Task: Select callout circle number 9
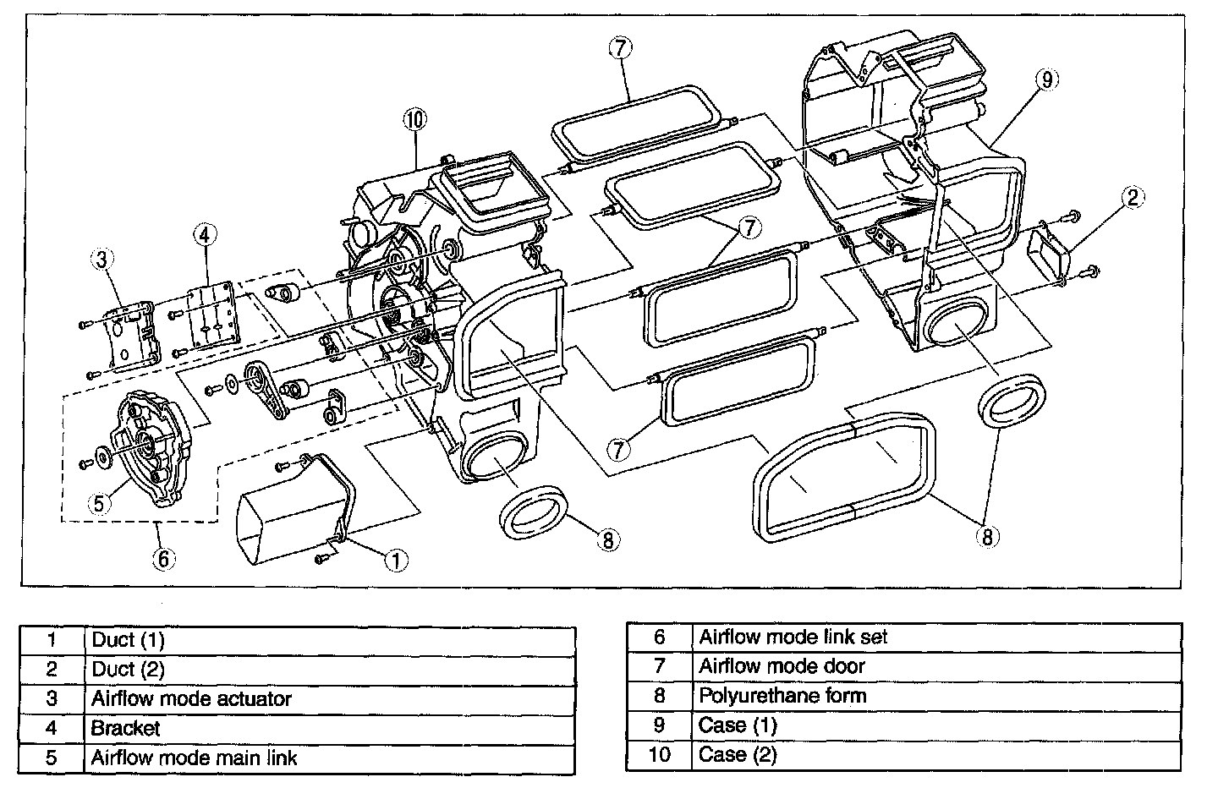point(1046,80)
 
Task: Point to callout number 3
point(101,260)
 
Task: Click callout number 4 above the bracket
point(204,233)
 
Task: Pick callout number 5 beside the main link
point(99,502)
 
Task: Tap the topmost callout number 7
point(619,47)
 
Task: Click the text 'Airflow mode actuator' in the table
point(191,699)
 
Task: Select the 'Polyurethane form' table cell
point(782,696)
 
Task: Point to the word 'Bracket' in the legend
point(125,728)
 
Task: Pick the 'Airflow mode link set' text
point(793,637)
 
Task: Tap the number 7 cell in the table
point(660,666)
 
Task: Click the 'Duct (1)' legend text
point(128,640)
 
